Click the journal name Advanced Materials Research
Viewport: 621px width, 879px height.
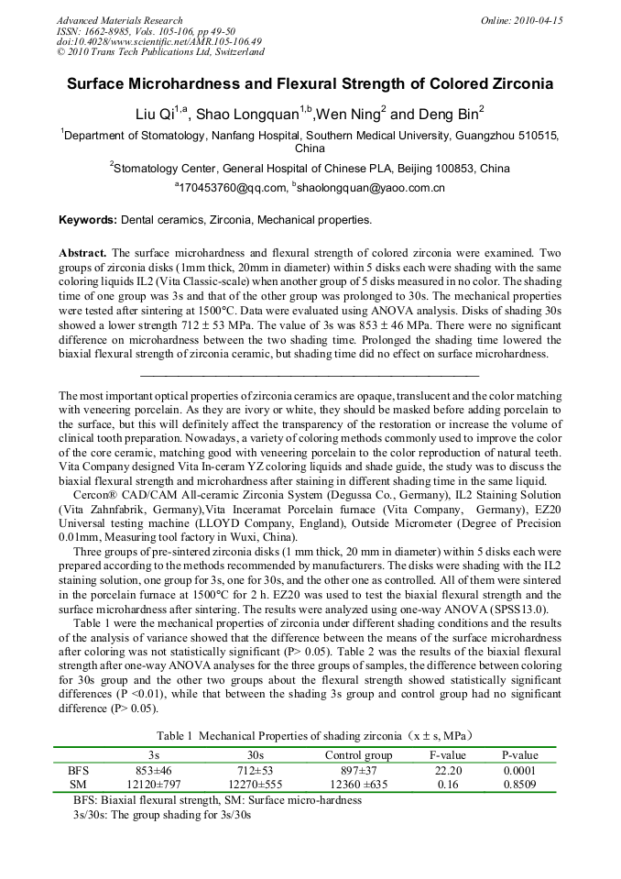click(119, 20)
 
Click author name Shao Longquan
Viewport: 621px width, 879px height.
click(265, 115)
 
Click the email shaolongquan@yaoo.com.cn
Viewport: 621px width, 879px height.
click(371, 188)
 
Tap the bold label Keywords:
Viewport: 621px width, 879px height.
click(88, 220)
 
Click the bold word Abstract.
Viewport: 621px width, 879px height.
click(83, 252)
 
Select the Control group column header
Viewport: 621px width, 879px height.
click(358, 755)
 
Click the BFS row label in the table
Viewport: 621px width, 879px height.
click(79, 771)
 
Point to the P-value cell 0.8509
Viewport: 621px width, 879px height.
click(519, 786)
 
